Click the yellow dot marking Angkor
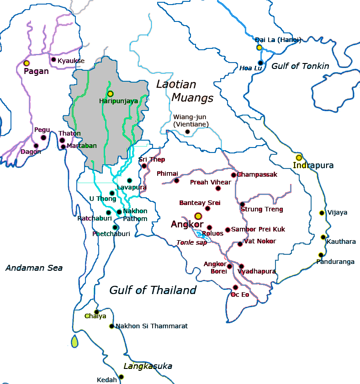coord(198,216)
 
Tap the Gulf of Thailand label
coord(153,290)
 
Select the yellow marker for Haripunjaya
coord(110,94)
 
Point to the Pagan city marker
coord(26,63)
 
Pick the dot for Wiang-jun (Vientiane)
coord(187,132)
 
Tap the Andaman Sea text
coord(34,268)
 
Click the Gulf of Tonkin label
coord(300,66)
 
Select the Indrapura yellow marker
coord(299,158)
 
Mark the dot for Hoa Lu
coord(260,63)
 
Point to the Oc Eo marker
coord(235,287)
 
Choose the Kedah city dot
coord(121,377)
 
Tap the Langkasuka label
coord(148,366)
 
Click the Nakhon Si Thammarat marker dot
coord(111,326)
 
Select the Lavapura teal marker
coord(129,180)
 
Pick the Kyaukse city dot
coord(53,59)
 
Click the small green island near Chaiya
coord(75,341)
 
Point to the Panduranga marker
coord(321,255)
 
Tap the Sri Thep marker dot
coord(144,166)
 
